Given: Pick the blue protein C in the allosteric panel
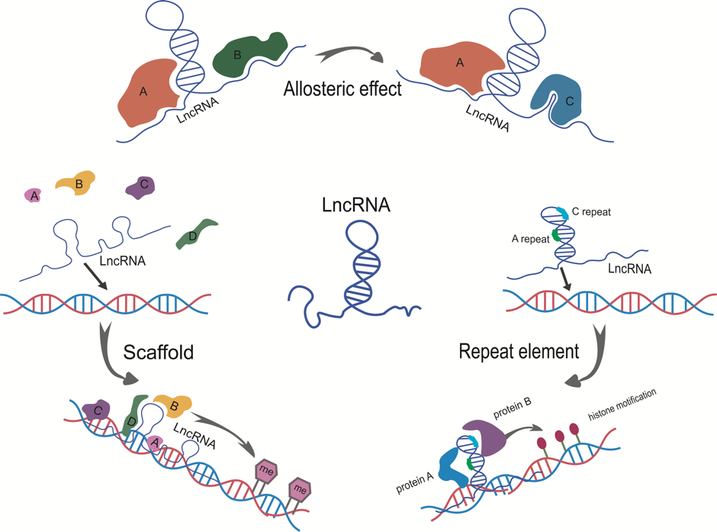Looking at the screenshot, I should pos(558,98).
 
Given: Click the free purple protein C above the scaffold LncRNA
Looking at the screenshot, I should pos(140,186).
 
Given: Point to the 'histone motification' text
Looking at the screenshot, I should pos(622,405).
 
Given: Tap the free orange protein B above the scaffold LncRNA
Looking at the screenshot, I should pos(76,182).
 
